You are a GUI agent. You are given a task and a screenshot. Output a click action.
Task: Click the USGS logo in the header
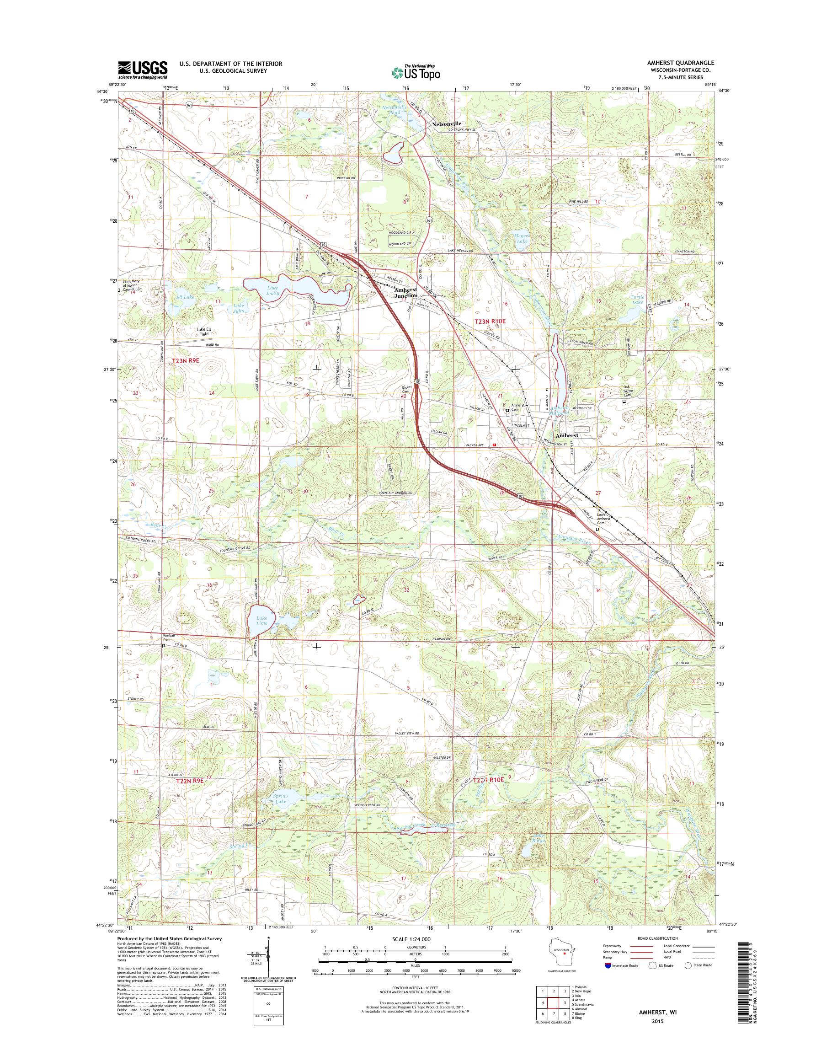(142, 70)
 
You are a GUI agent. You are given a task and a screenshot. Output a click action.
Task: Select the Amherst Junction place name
(406, 292)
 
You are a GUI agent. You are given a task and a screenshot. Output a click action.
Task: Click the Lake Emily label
(272, 290)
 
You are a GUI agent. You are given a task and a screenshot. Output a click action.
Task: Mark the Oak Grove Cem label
(630, 392)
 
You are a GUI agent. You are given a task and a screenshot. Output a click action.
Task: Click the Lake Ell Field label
(203, 332)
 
